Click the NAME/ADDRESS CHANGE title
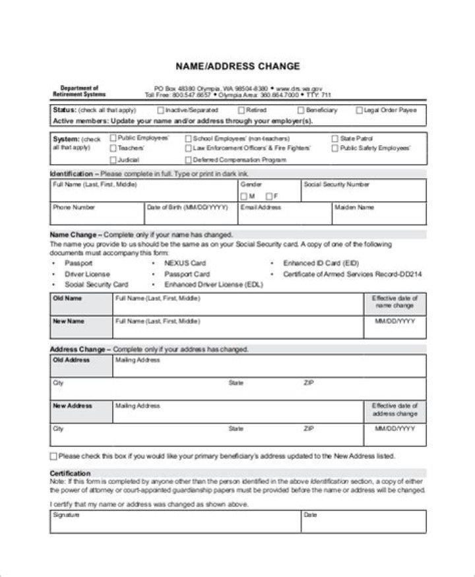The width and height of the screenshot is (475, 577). [237, 66]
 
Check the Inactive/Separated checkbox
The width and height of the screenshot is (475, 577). [161, 110]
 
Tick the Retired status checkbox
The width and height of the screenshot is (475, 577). [241, 110]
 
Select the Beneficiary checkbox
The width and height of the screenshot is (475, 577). [301, 110]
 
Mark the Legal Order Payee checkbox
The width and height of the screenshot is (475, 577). [360, 110]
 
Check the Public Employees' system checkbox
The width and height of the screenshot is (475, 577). [113, 138]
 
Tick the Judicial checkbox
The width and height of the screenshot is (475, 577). [113, 160]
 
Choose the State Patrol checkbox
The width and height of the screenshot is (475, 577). [334, 138]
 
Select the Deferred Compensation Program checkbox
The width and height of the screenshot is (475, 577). [188, 160]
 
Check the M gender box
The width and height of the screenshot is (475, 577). [244, 197]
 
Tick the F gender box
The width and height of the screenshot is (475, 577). [269, 197]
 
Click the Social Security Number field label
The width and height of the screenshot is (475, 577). [336, 185]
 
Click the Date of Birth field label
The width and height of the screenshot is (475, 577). [187, 207]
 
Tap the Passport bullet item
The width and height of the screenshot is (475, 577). [78, 263]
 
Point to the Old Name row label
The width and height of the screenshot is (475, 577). [67, 299]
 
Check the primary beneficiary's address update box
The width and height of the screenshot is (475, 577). [53, 456]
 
